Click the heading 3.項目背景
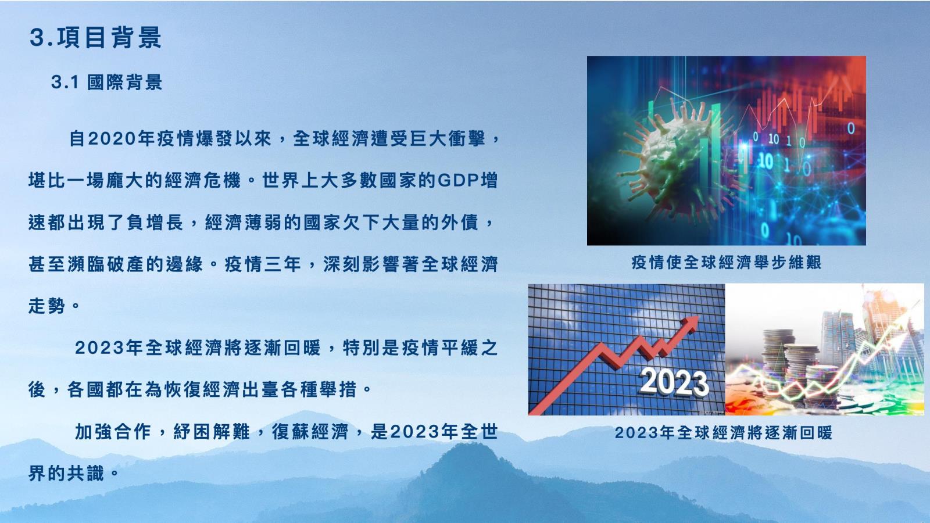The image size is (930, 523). (x=95, y=37)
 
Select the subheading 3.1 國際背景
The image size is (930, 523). (x=106, y=82)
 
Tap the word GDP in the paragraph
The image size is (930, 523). (x=457, y=181)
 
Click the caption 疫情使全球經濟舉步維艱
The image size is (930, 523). (x=726, y=262)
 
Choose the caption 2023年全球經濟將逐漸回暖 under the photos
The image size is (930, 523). (x=724, y=432)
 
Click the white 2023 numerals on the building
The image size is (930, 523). (x=674, y=382)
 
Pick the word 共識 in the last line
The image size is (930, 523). (x=85, y=473)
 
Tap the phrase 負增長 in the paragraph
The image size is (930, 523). (x=155, y=223)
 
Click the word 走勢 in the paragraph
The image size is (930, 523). (x=46, y=306)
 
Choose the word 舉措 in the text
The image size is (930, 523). (x=338, y=389)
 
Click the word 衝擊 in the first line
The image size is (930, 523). (x=467, y=139)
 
